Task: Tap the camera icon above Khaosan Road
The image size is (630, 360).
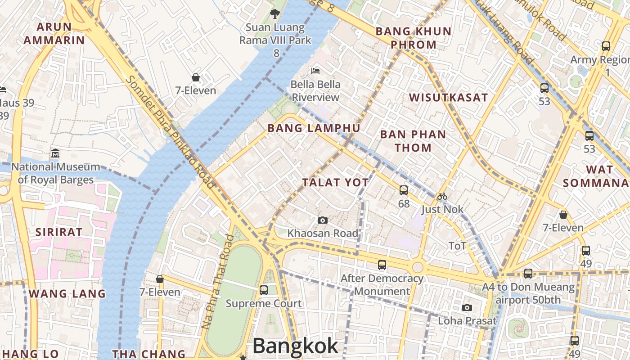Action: (322, 220)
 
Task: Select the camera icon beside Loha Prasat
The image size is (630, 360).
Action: (467, 307)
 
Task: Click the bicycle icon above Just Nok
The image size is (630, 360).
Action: (442, 196)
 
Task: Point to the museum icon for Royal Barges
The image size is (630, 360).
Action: (55, 153)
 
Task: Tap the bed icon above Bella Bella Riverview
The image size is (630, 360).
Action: (315, 71)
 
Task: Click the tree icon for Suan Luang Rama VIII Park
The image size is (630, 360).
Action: (274, 14)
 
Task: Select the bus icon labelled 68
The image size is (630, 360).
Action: (404, 190)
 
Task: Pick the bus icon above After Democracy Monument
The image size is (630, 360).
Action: (382, 265)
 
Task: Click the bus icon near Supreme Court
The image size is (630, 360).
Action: (264, 290)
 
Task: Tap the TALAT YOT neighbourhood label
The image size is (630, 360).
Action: (335, 182)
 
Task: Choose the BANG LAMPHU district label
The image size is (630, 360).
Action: (314, 128)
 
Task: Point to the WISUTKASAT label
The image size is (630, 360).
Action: (448, 97)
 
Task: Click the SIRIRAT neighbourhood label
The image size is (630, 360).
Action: (59, 232)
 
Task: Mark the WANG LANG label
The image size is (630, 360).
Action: (67, 294)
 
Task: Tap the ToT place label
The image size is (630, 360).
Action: (457, 246)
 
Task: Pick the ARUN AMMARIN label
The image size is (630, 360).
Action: (54, 34)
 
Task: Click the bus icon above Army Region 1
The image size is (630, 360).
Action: (606, 46)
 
